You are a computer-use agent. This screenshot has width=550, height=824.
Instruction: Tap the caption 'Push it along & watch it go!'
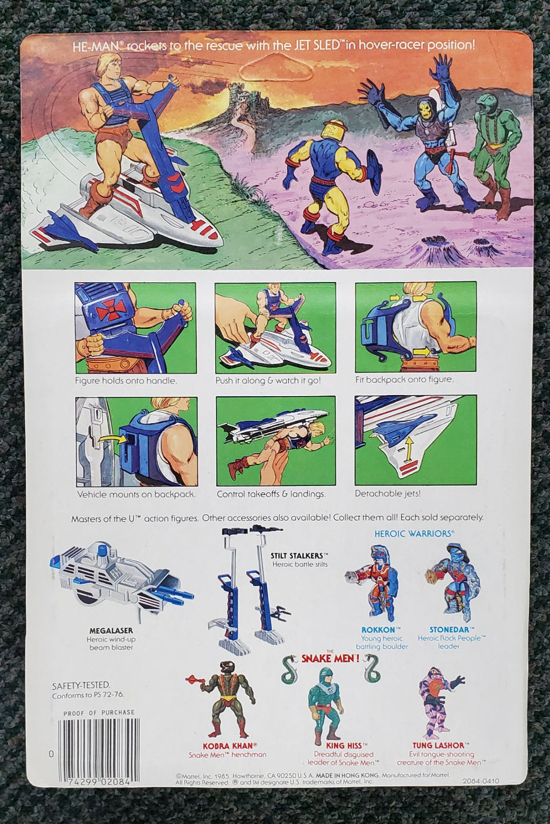click(x=268, y=380)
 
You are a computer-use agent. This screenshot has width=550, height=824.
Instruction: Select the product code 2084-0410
click(x=481, y=780)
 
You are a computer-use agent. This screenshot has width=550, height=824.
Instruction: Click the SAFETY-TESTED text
click(x=81, y=685)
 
